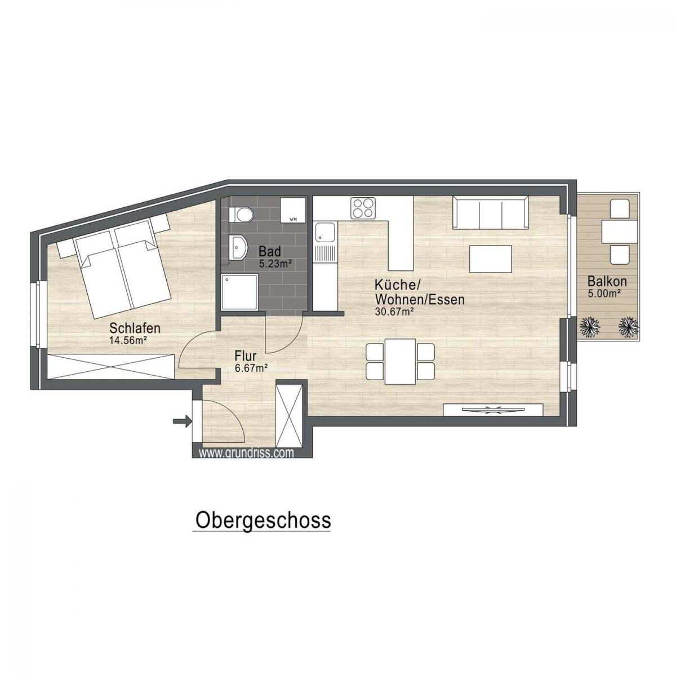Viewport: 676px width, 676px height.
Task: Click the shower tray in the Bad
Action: pyautogui.click(x=240, y=292)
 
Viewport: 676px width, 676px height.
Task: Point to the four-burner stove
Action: pyautogui.click(x=363, y=208)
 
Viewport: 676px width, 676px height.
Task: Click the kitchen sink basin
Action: pyautogui.click(x=325, y=232)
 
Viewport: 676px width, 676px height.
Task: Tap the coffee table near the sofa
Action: pyautogui.click(x=491, y=259)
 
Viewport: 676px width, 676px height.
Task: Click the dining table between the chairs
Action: pyautogui.click(x=401, y=361)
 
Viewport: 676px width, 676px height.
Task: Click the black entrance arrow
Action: pyautogui.click(x=182, y=420)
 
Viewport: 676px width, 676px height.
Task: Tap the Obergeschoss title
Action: pyautogui.click(x=262, y=520)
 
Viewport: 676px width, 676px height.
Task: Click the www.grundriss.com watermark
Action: pyautogui.click(x=247, y=452)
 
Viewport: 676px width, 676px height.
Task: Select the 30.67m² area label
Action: pyautogui.click(x=395, y=311)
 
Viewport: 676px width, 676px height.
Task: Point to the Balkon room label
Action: pyautogui.click(x=607, y=281)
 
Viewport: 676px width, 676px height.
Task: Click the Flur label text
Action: pyautogui.click(x=246, y=356)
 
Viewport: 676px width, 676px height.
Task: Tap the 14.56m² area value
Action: pyautogui.click(x=129, y=340)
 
